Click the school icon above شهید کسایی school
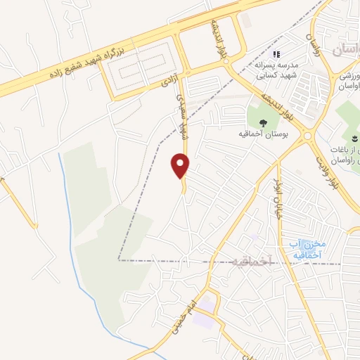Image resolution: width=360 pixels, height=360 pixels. tap(276, 53)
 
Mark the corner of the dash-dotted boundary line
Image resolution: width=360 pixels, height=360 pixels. tap(120, 259)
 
